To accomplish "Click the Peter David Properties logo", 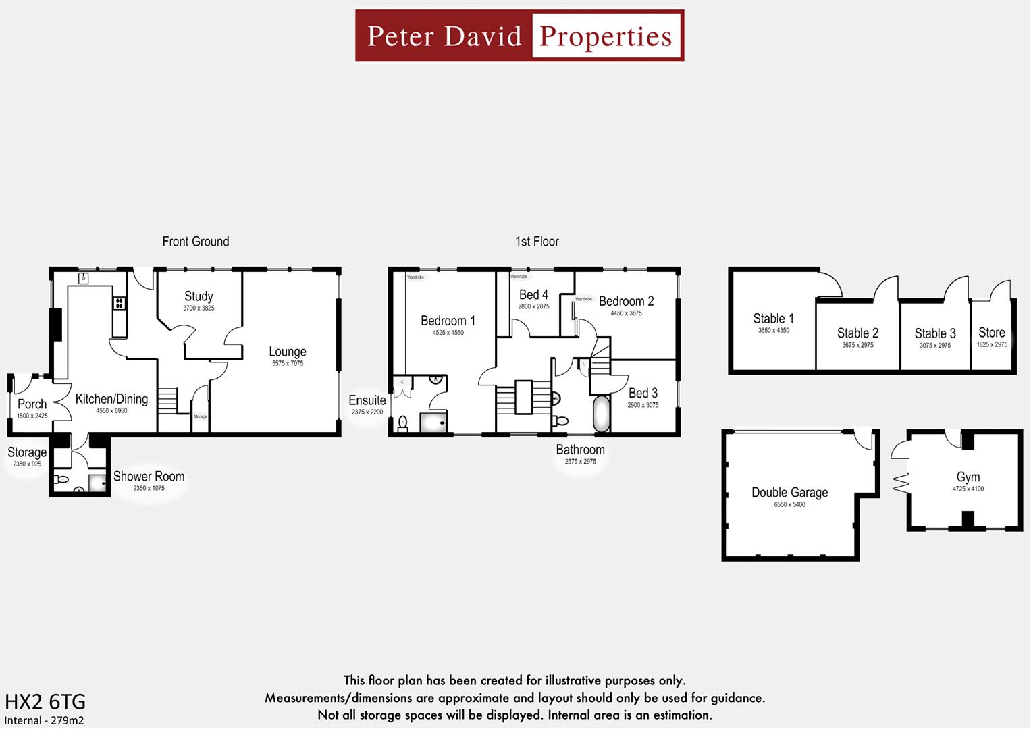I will [x=519, y=36].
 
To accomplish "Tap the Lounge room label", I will [x=288, y=352].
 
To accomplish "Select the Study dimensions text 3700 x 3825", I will [x=199, y=308].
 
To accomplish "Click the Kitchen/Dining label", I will [x=111, y=399].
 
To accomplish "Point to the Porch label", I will [x=32, y=404].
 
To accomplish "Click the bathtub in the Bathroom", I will [x=601, y=414].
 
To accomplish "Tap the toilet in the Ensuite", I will [x=403, y=423].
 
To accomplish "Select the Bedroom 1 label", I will [x=448, y=321].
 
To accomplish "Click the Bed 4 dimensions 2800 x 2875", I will [x=533, y=306].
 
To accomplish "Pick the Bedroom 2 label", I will [x=626, y=301].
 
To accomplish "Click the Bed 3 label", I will [x=643, y=393].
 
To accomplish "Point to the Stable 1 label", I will [x=773, y=319].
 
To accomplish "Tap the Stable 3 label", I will [x=935, y=333].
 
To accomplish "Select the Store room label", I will [x=991, y=333].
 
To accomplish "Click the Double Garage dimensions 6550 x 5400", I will [x=789, y=504].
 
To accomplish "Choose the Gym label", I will [x=968, y=477].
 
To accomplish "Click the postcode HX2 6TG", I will [x=45, y=702].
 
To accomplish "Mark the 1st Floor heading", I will [x=537, y=242].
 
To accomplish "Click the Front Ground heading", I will [x=195, y=242].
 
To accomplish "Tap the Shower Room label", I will [x=149, y=477].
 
